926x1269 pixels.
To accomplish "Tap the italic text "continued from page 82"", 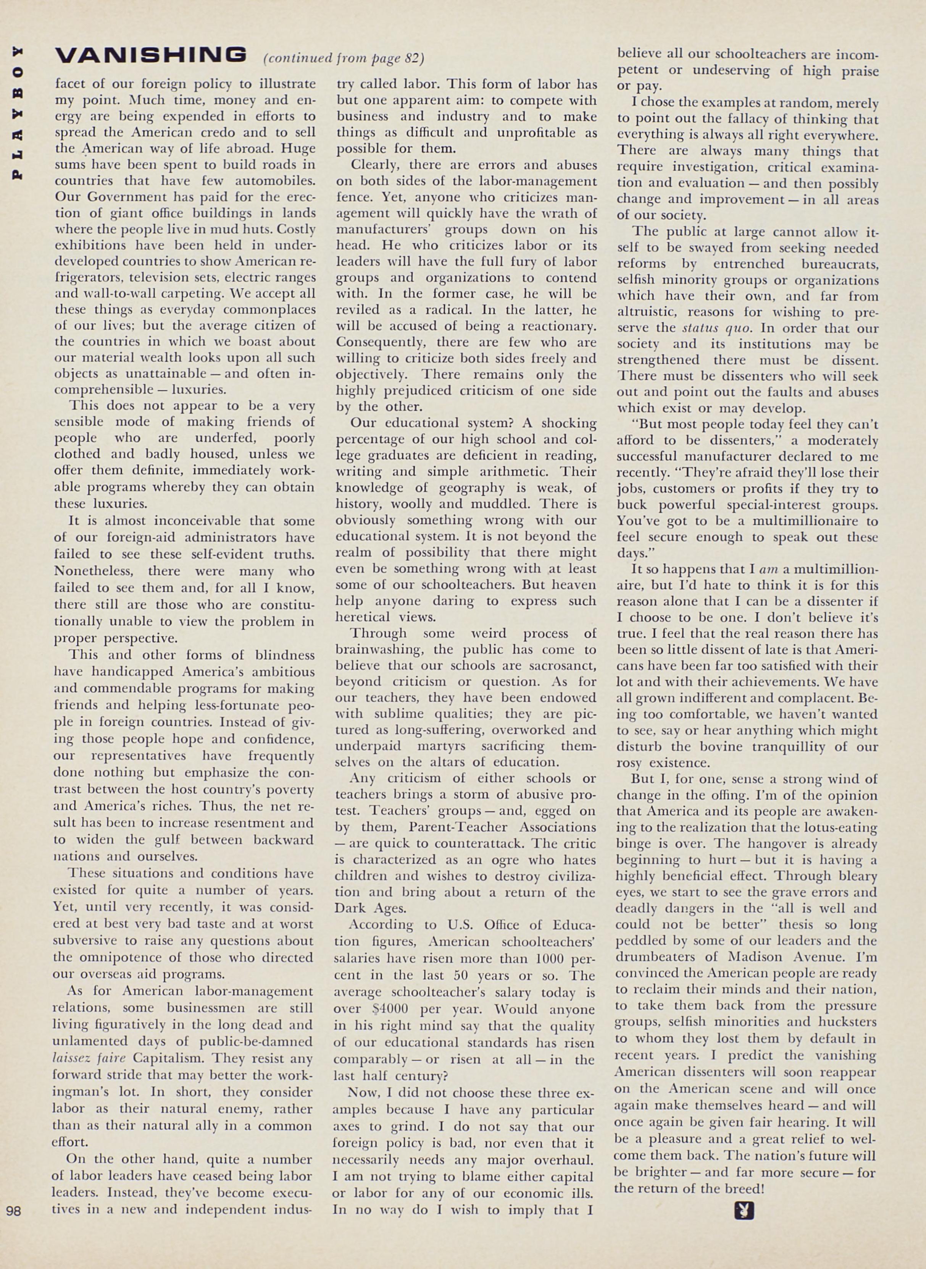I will tap(344, 58).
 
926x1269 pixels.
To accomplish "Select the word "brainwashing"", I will tap(379, 650).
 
